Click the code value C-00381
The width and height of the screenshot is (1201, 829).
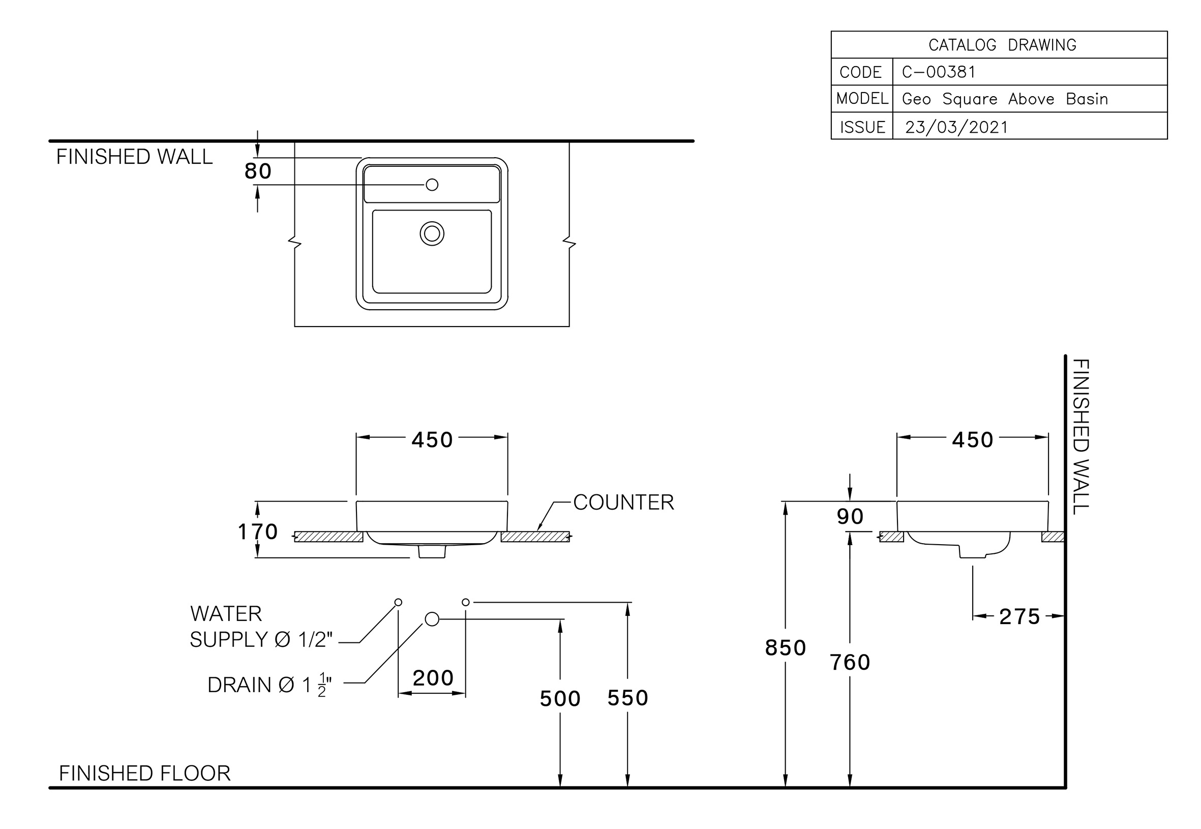click(x=939, y=72)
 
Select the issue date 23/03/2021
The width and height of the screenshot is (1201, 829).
click(x=956, y=127)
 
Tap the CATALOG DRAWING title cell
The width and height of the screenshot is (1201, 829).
click(x=1002, y=45)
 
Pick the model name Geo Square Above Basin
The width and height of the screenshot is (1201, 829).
click(x=1005, y=99)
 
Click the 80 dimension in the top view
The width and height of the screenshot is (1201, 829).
click(x=258, y=171)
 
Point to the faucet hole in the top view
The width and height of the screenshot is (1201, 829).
click(x=432, y=185)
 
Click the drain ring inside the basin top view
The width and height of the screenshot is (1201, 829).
click(x=432, y=234)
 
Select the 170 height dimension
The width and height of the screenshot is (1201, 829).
click(x=258, y=531)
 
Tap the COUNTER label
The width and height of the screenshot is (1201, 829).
click(x=623, y=502)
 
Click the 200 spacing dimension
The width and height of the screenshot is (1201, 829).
click(x=433, y=678)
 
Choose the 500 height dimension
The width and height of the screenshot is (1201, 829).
click(x=560, y=699)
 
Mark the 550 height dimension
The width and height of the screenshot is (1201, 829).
click(x=628, y=698)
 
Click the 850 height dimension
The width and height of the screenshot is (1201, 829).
click(x=785, y=648)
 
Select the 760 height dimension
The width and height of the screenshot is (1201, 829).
click(x=850, y=662)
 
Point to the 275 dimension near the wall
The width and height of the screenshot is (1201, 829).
click(x=1019, y=616)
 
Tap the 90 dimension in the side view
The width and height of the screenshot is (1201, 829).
click(x=850, y=516)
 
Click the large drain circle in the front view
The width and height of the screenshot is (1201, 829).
click(x=432, y=619)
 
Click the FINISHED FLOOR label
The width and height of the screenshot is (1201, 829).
click(x=145, y=774)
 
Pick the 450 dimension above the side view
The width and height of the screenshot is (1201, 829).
click(x=972, y=440)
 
